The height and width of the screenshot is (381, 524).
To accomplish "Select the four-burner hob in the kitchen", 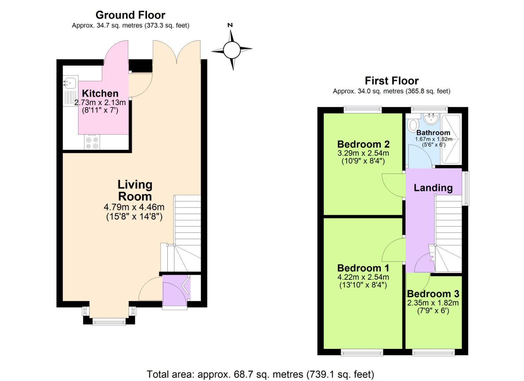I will (x=92, y=143).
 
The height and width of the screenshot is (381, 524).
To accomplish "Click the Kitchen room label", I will (x=100, y=93).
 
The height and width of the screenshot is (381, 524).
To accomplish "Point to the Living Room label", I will (x=135, y=190).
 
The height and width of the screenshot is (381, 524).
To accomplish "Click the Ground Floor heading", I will (x=130, y=15).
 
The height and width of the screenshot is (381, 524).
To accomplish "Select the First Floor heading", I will (x=391, y=81).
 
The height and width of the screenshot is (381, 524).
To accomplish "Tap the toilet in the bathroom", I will (x=413, y=125).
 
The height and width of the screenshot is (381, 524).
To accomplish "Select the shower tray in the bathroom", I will (x=451, y=139).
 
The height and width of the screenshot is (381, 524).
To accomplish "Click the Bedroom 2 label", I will (x=363, y=144).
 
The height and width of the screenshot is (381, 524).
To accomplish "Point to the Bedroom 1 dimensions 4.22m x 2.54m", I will (x=363, y=277).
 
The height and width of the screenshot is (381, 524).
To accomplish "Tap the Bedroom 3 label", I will (x=433, y=294).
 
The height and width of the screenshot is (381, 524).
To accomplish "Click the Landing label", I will (x=433, y=188).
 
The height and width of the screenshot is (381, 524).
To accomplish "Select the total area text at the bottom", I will (x=260, y=374).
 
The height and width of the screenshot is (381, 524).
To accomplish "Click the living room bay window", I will (x=109, y=321).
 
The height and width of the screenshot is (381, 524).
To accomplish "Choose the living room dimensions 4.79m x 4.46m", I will (x=134, y=207).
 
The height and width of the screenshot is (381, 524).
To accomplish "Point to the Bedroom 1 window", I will (x=362, y=352).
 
